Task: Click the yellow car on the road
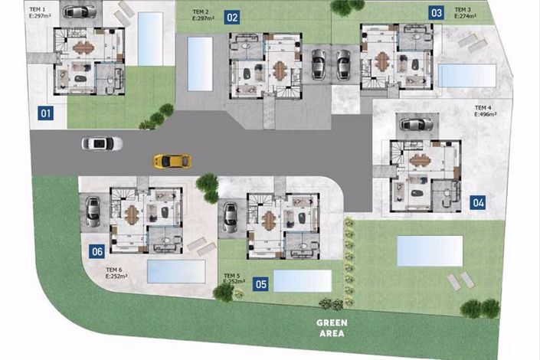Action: click(172, 161)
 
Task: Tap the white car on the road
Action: click(102, 143)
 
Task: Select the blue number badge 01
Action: click(45, 115)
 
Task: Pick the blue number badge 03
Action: click(436, 12)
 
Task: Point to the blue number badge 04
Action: click(478, 202)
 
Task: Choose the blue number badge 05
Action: click(261, 284)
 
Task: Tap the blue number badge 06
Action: click(97, 250)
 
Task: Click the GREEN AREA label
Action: click(332, 328)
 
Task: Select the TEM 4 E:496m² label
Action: click(488, 111)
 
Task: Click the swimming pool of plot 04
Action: click(430, 250)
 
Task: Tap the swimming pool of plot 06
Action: click(175, 270)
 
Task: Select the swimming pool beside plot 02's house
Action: click(199, 57)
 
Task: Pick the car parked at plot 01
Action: click(80, 11)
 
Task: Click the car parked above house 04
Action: click(416, 124)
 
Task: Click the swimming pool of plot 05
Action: click(302, 280)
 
